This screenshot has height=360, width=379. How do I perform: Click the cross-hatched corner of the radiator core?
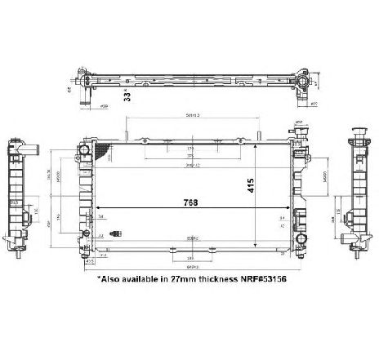(x=101, y=152)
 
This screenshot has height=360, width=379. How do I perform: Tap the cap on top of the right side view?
(x=356, y=131)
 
